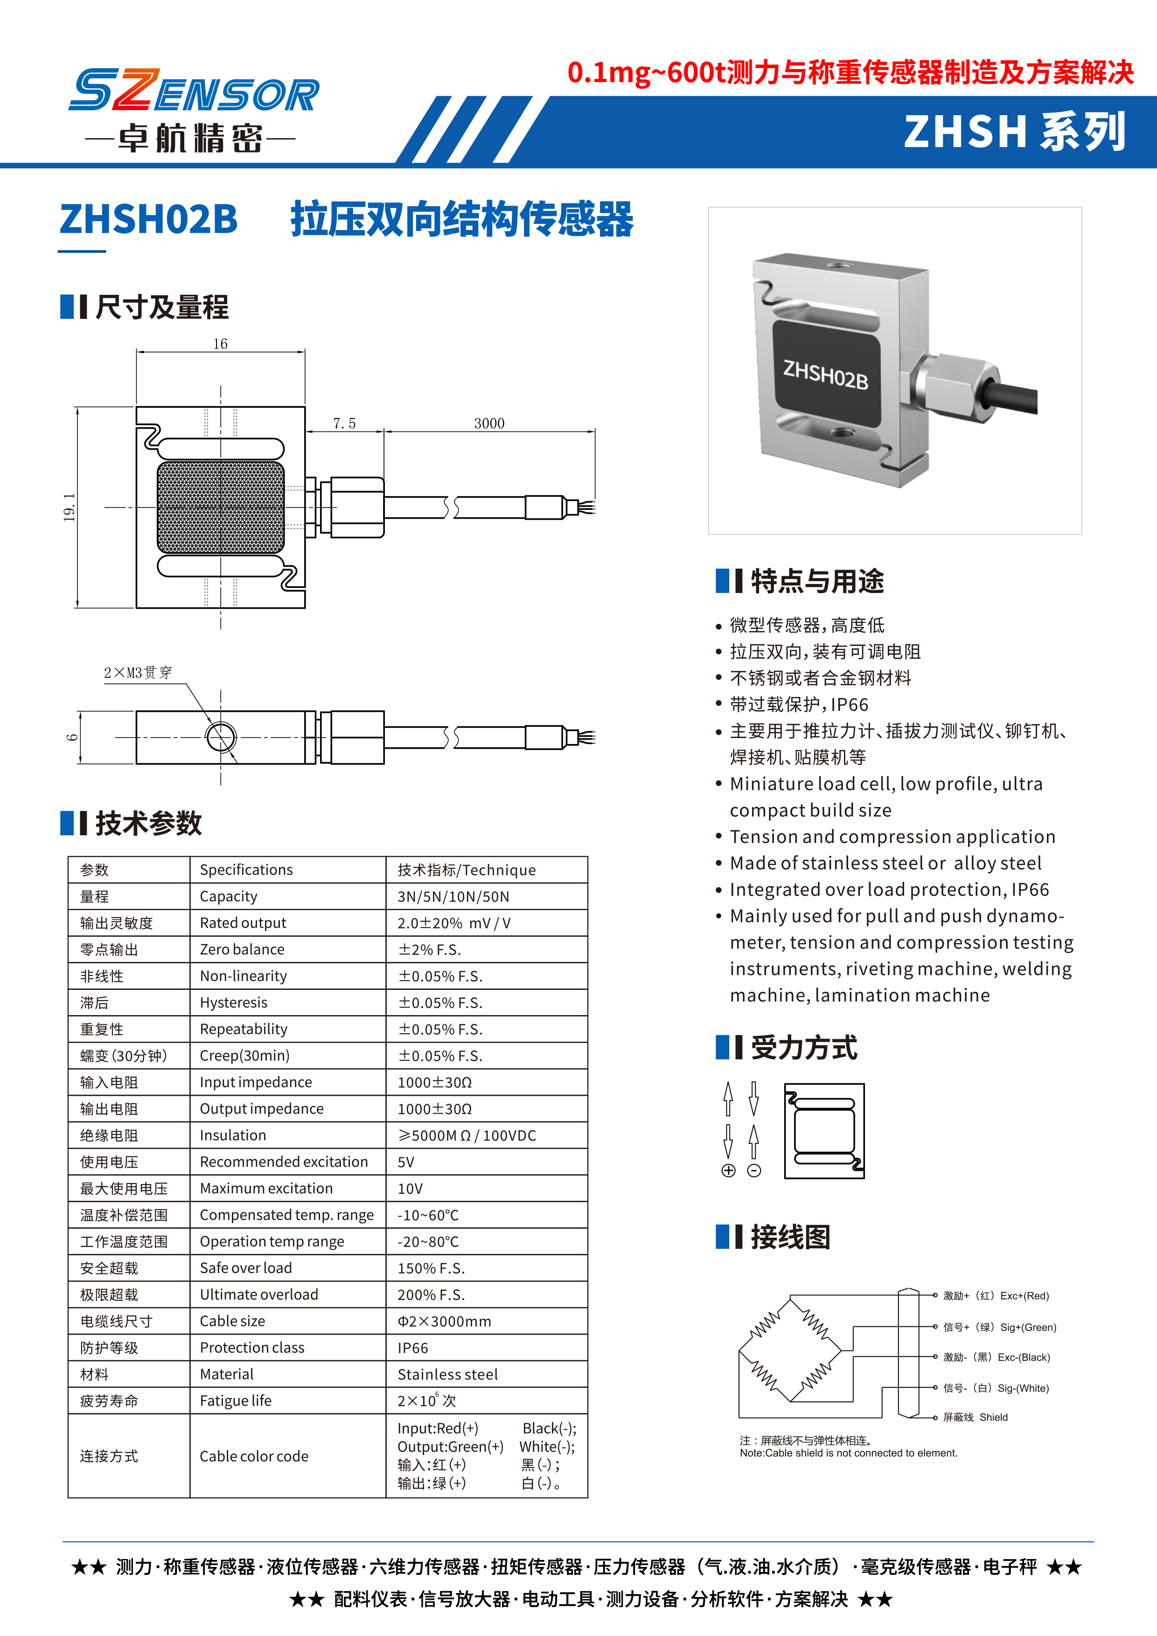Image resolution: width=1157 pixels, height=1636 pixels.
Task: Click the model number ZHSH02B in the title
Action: [x=148, y=219]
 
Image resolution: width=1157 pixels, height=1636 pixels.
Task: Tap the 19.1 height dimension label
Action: [x=69, y=508]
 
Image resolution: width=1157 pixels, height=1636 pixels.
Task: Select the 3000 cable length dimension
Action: [x=489, y=423]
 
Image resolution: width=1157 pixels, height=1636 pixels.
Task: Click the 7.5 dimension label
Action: [x=344, y=423]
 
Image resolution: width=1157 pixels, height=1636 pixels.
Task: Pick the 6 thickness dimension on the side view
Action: [x=72, y=737]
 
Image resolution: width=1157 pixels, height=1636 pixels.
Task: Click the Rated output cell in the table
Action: [x=243, y=923]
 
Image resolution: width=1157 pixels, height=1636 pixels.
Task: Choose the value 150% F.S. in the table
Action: [x=431, y=1268]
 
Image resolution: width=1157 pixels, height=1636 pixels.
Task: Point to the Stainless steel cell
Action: [x=447, y=1374]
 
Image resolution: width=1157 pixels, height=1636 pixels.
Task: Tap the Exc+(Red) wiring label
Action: [x=1024, y=1296]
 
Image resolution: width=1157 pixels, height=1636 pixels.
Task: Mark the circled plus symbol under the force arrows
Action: [x=728, y=1171]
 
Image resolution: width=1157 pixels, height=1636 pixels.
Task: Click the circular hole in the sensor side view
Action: [x=221, y=737]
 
